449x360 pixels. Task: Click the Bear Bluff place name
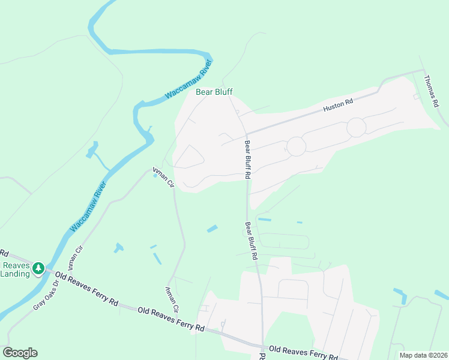point(214,92)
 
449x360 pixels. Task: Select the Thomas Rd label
point(432,91)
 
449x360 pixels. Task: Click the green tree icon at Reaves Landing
point(38,268)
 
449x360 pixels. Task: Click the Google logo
point(20,353)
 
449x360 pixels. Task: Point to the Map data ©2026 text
point(423,355)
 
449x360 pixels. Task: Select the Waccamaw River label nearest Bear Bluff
point(189,85)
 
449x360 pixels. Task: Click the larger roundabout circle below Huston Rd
point(356,127)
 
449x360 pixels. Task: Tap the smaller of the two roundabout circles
point(296,146)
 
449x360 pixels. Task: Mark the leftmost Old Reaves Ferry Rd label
point(86,289)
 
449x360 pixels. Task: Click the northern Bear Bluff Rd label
point(246,160)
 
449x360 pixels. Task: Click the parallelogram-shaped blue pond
point(212,229)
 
